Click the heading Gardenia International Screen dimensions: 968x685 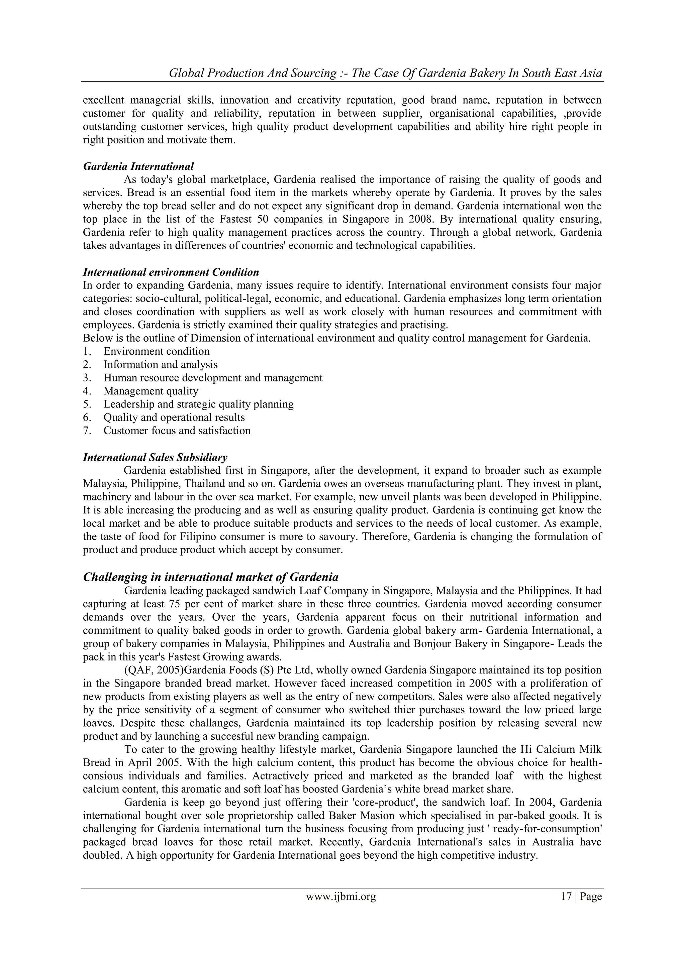(138, 166)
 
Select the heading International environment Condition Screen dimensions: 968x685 (171, 272)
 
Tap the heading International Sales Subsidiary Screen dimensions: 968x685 (155, 458)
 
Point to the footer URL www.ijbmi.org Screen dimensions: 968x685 (341, 908)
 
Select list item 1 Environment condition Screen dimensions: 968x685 (157, 352)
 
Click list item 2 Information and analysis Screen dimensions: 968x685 (160, 365)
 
